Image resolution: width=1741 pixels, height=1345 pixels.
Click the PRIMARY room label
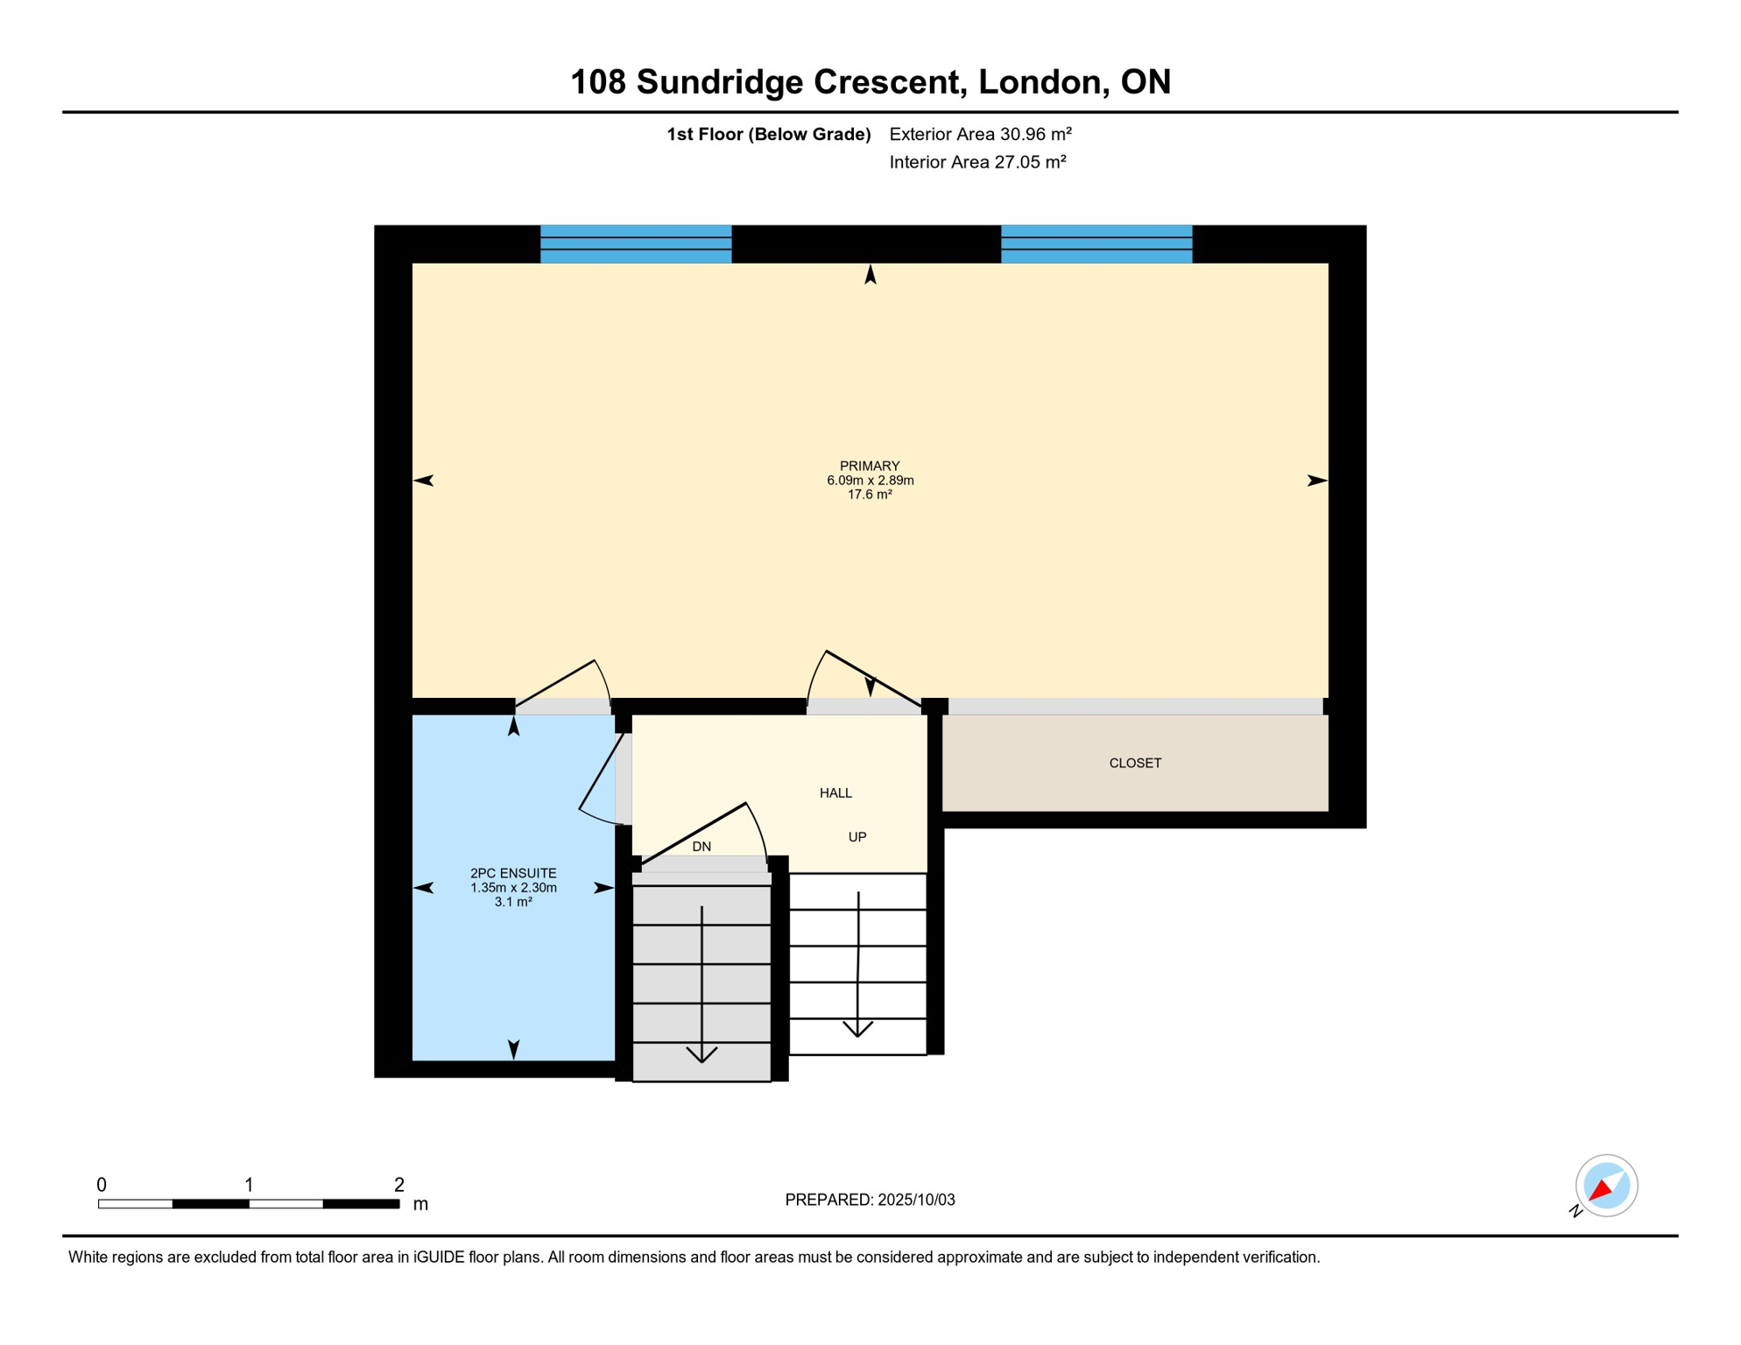pos(870,466)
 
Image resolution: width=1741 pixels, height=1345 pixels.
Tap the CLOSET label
pos(1135,764)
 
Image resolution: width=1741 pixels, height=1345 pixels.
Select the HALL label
pos(835,793)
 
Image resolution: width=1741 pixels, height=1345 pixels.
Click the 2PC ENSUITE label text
pos(513,874)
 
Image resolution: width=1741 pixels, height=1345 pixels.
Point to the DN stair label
pos(701,847)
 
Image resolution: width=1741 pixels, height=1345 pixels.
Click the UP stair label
pos(857,837)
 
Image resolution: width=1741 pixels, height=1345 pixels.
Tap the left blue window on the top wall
pos(636,244)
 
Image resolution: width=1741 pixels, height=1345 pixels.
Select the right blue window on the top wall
pos(1096,244)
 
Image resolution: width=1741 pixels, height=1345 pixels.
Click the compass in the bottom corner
pos(1606,1186)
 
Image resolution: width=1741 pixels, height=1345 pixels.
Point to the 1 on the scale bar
pos(249,1185)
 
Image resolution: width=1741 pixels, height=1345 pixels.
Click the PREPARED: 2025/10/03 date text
pos(870,1201)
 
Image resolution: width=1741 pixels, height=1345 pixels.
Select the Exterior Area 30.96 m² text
pos(980,134)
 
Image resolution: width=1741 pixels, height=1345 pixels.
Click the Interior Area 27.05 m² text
pos(977,162)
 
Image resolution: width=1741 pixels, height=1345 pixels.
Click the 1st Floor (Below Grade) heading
pos(768,134)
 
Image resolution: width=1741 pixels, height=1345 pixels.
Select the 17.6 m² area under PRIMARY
pos(870,495)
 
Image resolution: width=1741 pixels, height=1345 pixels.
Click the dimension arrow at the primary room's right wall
pos(1316,481)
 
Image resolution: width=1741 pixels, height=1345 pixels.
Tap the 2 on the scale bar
pos(399,1185)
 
